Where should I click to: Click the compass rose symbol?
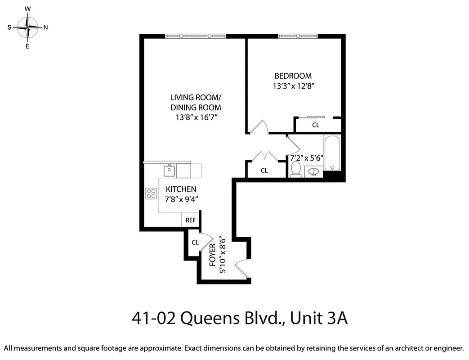tap(28, 27)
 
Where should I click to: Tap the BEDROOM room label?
tap(293, 76)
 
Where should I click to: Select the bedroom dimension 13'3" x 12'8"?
tap(293, 86)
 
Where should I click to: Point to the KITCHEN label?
tap(181, 189)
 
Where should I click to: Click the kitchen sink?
tap(169, 171)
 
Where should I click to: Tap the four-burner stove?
tap(151, 193)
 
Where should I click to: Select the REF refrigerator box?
tap(191, 220)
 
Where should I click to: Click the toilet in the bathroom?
tap(295, 169)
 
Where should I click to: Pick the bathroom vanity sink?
tap(314, 171)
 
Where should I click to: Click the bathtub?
tap(332, 153)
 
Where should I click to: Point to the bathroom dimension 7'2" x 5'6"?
tap(307, 158)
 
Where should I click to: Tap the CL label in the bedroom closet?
tap(316, 125)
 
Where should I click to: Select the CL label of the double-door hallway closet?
tap(264, 171)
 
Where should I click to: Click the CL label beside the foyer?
tap(195, 243)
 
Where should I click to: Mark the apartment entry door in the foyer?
tap(243, 269)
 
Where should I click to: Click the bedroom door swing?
tap(259, 127)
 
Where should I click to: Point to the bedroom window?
tap(296, 36)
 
